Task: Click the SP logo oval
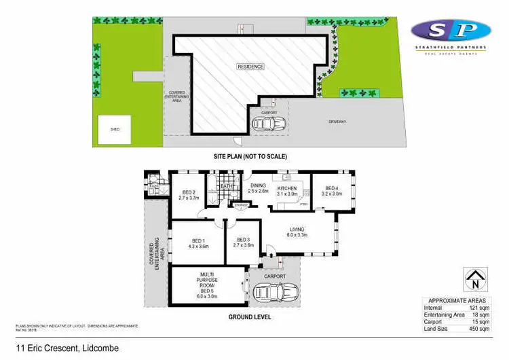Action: (451, 31)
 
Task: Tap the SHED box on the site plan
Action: (115, 130)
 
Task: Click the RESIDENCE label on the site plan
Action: (250, 67)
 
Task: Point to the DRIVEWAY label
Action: (338, 122)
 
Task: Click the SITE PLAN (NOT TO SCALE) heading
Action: (250, 156)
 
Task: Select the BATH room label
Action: (227, 186)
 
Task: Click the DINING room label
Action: (258, 189)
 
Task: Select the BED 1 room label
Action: (197, 244)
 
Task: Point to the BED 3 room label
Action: (243, 242)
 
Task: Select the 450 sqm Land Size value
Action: (480, 329)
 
